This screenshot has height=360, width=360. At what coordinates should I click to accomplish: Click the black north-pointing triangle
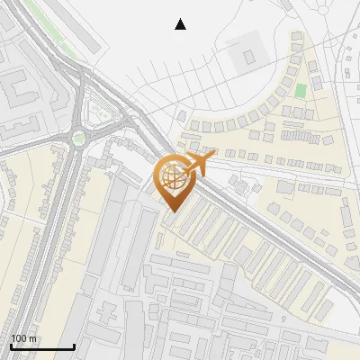click(x=180, y=24)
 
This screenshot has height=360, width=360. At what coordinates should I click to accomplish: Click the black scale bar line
click(x=41, y=346)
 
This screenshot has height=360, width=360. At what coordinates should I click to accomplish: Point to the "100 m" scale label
click(x=24, y=338)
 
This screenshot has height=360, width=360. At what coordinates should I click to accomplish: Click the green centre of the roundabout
click(x=79, y=139)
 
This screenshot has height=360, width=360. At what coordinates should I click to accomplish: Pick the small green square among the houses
click(x=301, y=91)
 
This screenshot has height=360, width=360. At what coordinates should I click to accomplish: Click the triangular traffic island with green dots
click(x=100, y=112)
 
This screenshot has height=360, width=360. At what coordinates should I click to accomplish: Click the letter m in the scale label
click(x=33, y=338)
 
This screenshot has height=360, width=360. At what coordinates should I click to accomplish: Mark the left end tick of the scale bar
click(x=11, y=346)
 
